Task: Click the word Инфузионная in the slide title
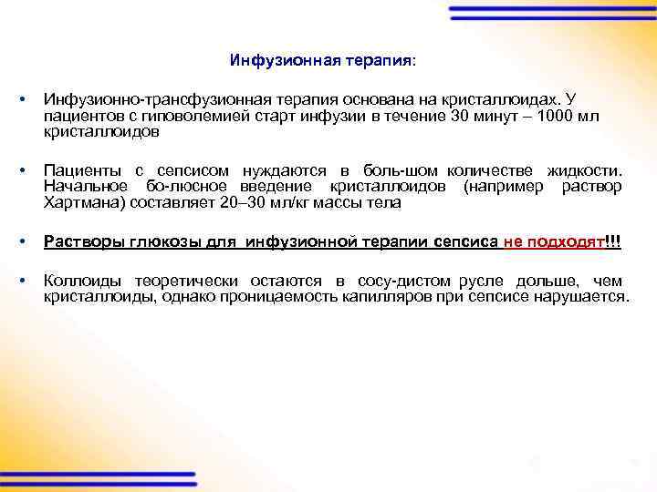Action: (x=272, y=61)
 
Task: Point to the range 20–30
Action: (x=240, y=203)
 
